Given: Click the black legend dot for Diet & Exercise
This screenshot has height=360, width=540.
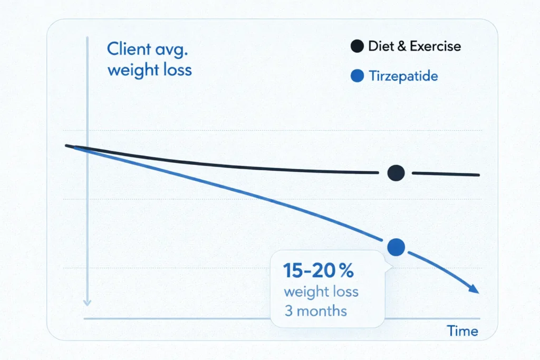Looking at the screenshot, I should (x=357, y=46).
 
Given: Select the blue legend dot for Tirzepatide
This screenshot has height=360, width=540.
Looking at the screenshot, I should (x=357, y=77).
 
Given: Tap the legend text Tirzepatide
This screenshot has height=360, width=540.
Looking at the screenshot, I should (x=403, y=77).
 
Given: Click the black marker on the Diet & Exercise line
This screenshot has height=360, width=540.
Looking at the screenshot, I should (x=396, y=172).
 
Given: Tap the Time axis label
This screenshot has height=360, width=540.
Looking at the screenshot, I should (x=462, y=331).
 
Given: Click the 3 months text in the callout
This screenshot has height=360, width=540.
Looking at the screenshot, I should (x=315, y=310).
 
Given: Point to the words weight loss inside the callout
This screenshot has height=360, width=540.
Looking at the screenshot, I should (x=321, y=291).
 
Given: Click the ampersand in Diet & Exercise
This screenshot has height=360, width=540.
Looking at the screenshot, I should (x=402, y=46).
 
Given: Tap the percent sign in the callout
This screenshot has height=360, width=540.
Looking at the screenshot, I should (x=346, y=271).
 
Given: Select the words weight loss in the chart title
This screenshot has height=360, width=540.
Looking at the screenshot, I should (x=149, y=70).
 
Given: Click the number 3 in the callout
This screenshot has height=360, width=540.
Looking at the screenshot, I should (x=288, y=310).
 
